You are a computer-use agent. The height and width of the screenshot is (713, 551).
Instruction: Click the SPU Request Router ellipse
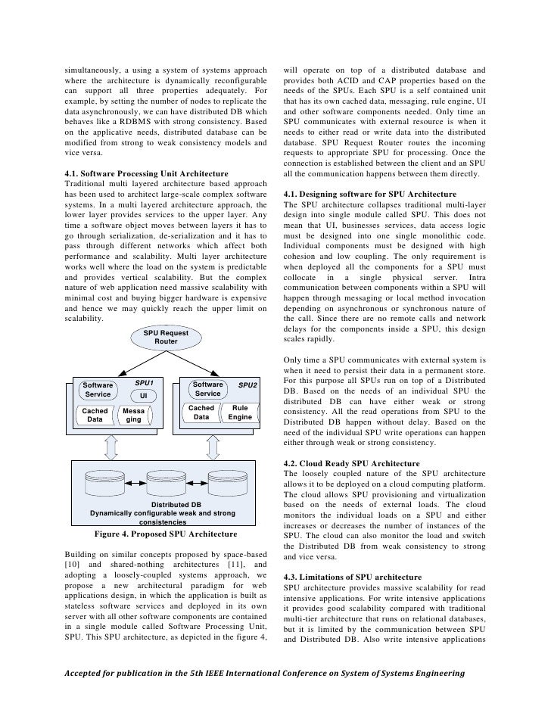click(166, 337)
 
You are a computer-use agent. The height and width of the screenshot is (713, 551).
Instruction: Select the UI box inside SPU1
click(143, 396)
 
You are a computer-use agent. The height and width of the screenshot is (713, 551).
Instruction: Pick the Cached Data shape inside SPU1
click(95, 416)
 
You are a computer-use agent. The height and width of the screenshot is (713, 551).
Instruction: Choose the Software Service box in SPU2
click(207, 389)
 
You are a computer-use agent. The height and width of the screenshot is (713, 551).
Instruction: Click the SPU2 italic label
click(247, 385)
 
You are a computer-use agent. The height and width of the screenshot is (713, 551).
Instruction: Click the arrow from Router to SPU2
click(195, 362)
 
